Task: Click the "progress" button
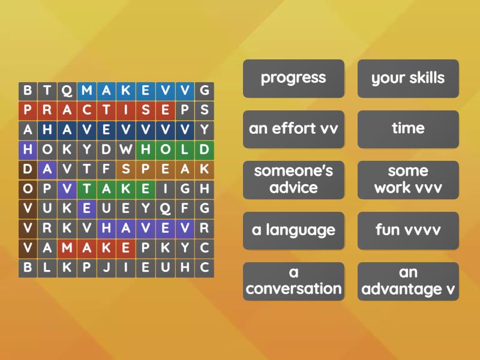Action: (293, 78)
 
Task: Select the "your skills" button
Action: (408, 78)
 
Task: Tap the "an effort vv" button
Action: (293, 129)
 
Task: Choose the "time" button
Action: (408, 129)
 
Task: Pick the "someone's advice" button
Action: (293, 179)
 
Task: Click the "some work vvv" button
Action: (408, 179)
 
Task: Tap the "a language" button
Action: (293, 230)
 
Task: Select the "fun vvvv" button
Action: (408, 230)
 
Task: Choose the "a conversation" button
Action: (293, 281)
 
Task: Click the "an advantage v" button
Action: (408, 281)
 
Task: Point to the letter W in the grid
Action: (126, 149)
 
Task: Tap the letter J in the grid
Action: (106, 268)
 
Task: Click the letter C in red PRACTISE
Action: (87, 110)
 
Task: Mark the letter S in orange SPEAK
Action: (126, 169)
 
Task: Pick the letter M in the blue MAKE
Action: (87, 91)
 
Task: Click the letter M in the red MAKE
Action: (67, 248)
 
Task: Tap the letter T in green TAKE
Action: (87, 189)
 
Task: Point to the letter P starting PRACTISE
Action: (28, 110)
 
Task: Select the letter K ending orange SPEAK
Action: (205, 169)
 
